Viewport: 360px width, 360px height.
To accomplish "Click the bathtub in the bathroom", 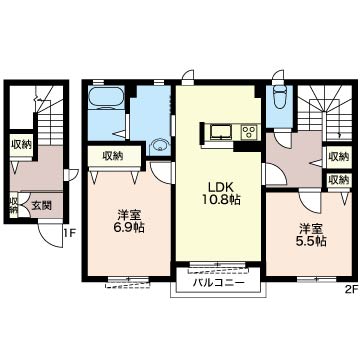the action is coord(107,98).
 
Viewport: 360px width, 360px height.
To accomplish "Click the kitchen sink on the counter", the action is coord(219,132).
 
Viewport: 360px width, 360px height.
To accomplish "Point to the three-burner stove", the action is coord(250,132).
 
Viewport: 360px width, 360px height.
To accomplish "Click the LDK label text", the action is coord(218,187).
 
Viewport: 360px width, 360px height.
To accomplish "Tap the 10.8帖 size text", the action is coord(221,200).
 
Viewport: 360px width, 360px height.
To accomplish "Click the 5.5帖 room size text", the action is coord(312,241).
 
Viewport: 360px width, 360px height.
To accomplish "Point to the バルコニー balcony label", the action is coord(219,283).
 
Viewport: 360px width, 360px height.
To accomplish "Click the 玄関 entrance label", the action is coord(41,206).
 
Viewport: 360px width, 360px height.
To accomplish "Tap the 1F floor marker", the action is coord(70,232).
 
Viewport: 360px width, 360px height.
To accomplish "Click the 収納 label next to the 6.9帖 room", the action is coord(113,155).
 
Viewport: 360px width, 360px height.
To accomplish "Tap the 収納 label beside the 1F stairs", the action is coord(21,145).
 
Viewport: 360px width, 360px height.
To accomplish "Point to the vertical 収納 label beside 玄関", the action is coord(14,204).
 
